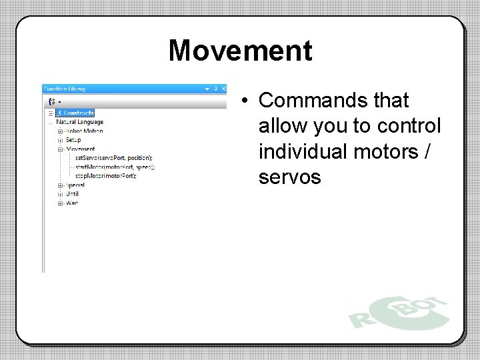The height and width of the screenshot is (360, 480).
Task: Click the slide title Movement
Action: point(240,51)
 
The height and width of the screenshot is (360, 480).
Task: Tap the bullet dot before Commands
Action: point(245,101)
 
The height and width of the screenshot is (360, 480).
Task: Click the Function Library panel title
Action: point(65,88)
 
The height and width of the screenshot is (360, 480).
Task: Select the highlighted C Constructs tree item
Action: point(75,113)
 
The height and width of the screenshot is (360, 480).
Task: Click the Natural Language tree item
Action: point(80,122)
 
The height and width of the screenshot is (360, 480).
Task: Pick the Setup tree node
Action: point(73,140)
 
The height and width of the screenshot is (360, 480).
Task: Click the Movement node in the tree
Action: point(80,149)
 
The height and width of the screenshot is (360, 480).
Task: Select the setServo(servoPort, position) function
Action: point(113,158)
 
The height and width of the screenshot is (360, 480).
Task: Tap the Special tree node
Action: point(76,185)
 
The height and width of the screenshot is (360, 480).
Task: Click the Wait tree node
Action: point(71,203)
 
